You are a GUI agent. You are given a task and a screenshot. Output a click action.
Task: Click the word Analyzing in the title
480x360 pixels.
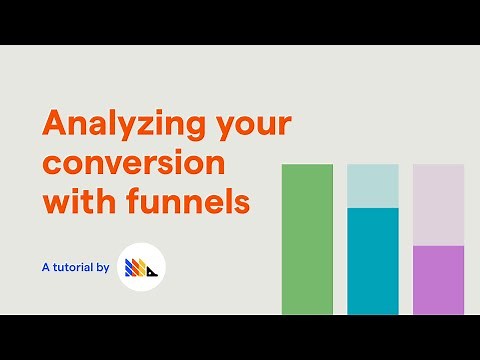coord(124,126)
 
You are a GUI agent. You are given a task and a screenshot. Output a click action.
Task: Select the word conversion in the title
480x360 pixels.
coord(132,163)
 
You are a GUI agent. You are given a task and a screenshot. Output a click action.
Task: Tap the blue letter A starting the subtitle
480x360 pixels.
coord(46,267)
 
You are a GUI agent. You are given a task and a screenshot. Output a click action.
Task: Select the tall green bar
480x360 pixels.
coord(307,239)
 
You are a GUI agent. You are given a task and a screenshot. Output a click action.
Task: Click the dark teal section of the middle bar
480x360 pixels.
coord(372,260)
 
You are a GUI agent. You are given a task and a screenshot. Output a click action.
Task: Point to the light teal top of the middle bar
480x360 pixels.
coord(372,186)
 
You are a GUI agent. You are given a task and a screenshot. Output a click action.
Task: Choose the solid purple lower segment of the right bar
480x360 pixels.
coord(438,279)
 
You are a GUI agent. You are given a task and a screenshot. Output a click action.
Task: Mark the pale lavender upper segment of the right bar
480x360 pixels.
coord(438,204)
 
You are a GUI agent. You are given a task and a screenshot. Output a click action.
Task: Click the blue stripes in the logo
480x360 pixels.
coord(128,268)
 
